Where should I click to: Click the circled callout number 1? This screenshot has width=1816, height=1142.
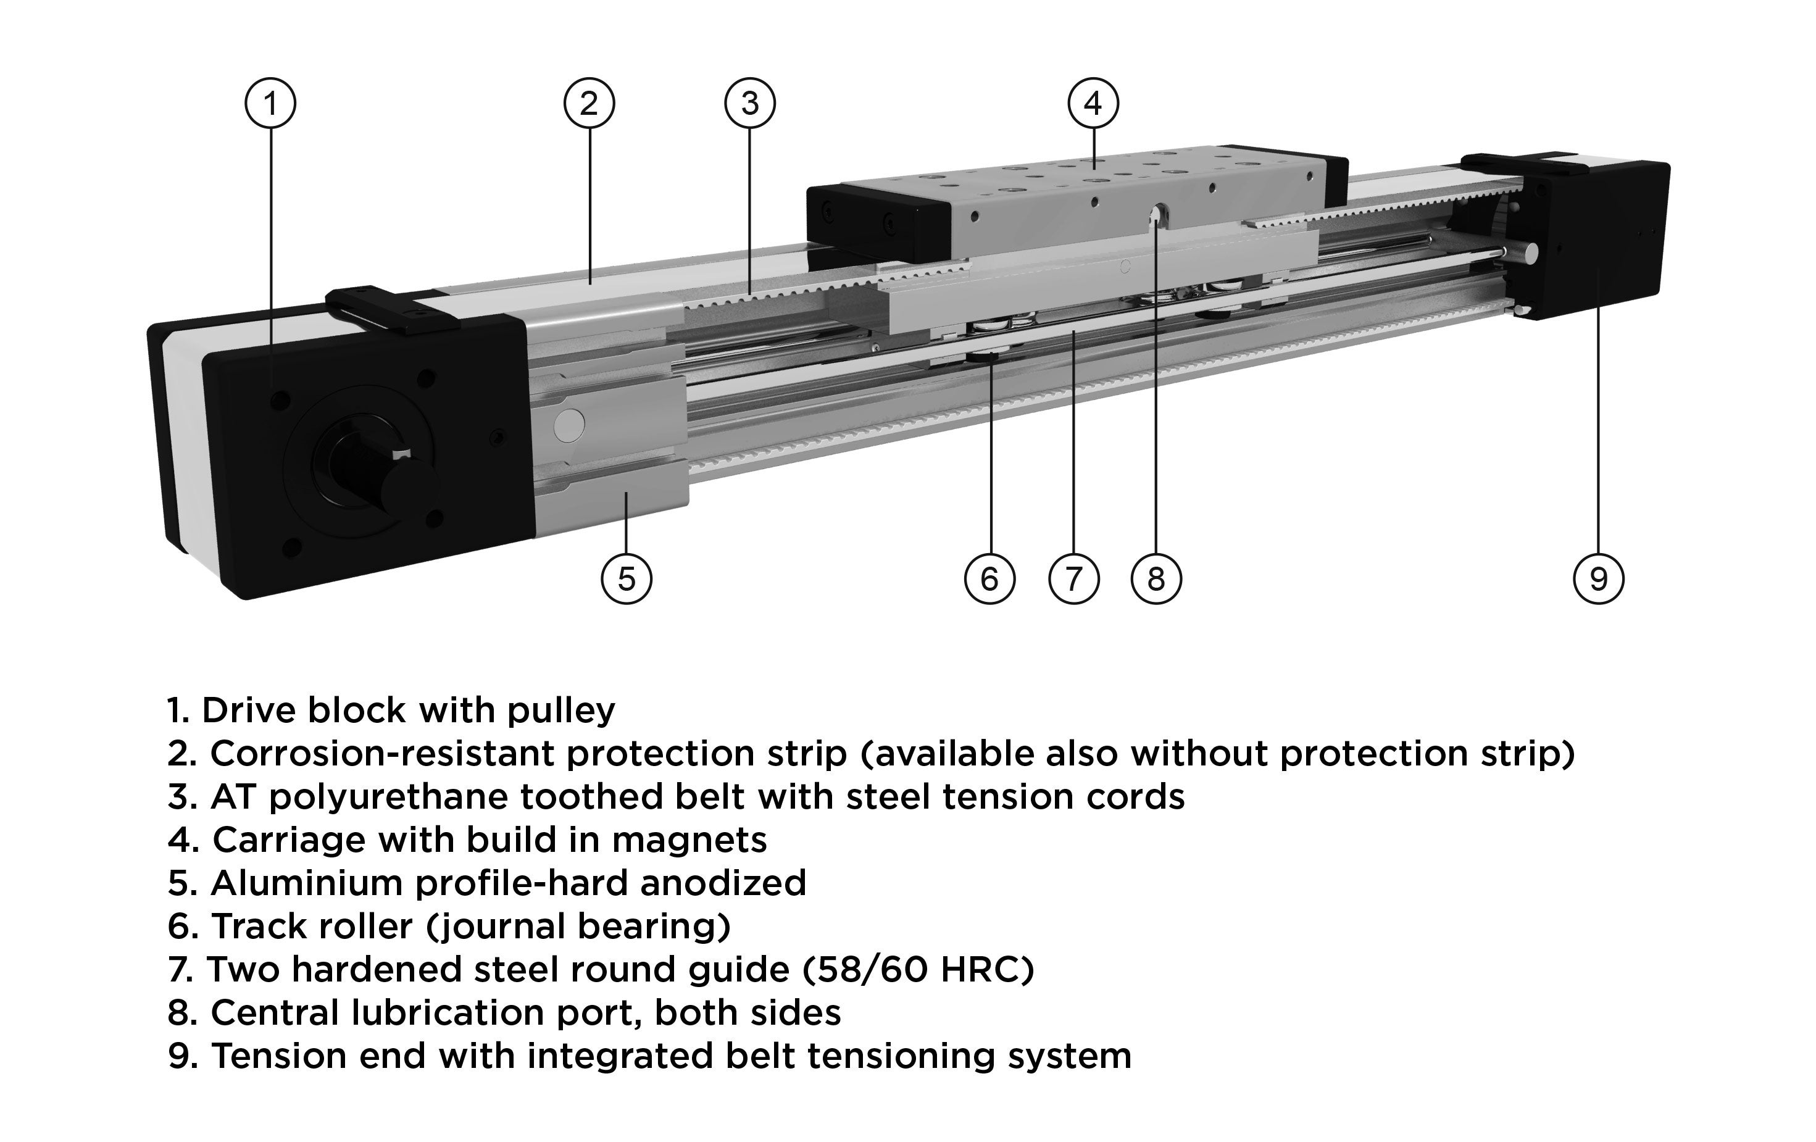[270, 103]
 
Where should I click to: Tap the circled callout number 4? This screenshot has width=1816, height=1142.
[1093, 103]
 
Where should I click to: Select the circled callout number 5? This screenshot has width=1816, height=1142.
[626, 579]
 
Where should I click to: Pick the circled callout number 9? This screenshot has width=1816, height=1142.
[1597, 579]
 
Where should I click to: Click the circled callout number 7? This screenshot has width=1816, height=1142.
[1073, 579]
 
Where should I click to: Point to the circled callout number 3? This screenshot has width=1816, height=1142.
[749, 103]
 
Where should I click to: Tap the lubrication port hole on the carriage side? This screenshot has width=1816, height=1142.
[1156, 218]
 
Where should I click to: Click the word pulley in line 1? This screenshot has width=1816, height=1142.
[560, 711]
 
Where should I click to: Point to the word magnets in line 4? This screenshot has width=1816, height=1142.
[688, 840]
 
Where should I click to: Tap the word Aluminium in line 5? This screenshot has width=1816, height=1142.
[306, 883]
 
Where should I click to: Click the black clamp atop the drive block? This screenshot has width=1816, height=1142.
[392, 308]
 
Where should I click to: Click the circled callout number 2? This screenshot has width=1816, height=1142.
[589, 103]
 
